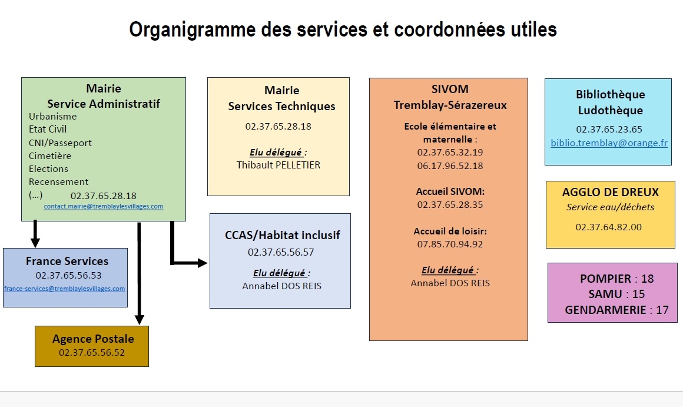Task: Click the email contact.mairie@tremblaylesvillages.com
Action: point(103,207)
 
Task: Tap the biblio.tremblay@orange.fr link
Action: point(609,143)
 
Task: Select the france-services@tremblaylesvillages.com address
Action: point(65,289)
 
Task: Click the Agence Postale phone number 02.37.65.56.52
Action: point(92,352)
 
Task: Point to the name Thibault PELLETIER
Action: point(278,165)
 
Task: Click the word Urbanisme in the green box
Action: point(52,116)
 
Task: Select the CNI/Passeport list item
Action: point(60,143)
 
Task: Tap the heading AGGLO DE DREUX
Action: point(610,192)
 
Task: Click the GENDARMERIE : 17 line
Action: point(616,310)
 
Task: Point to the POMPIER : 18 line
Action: point(616,279)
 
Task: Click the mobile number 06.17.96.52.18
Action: point(450,166)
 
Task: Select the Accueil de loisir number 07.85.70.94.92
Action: point(450,244)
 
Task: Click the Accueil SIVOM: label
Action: point(450,191)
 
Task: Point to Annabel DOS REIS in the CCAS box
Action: point(281,286)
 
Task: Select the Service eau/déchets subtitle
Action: point(610,207)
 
